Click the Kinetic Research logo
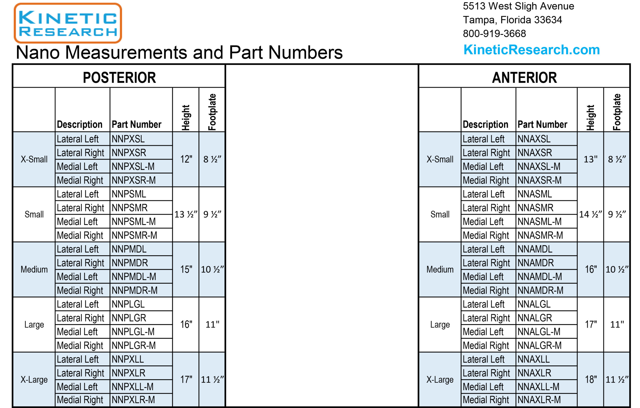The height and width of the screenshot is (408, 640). (x=68, y=23)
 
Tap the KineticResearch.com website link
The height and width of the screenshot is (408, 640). (x=531, y=50)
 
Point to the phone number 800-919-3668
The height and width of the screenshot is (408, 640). (x=494, y=34)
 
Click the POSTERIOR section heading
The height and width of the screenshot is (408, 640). (x=119, y=78)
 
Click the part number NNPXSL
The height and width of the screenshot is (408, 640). (x=128, y=139)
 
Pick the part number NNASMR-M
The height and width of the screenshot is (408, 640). (x=540, y=235)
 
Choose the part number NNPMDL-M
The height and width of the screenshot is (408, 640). (x=134, y=277)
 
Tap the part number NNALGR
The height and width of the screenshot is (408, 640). (x=535, y=318)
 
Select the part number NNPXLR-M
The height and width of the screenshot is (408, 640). (x=133, y=400)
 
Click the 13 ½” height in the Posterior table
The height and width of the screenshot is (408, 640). (x=186, y=214)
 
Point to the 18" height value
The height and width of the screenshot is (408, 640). (x=590, y=379)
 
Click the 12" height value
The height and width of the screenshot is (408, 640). (x=186, y=159)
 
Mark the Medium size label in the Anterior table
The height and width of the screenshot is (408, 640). (x=440, y=269)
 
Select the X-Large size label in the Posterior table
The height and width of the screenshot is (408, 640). (x=34, y=379)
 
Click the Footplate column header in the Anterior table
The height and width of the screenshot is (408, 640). (x=616, y=112)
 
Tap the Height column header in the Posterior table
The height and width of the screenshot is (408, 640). (x=186, y=118)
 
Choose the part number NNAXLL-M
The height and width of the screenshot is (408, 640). (x=538, y=387)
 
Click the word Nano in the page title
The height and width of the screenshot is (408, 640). (x=38, y=52)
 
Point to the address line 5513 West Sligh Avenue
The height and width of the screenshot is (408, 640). (x=518, y=6)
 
